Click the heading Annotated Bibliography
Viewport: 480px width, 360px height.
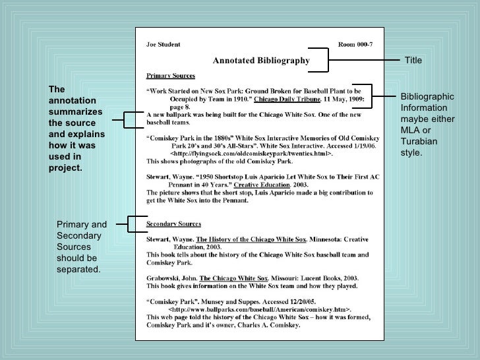pos(260,61)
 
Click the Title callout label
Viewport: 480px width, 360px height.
pos(413,61)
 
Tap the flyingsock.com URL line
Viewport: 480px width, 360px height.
pos(252,153)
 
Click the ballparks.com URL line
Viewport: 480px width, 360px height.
pos(260,309)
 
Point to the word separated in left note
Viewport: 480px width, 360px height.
pos(79,270)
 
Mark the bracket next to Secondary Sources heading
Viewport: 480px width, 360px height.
pos(137,224)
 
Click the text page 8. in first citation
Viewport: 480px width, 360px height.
pos(180,106)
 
